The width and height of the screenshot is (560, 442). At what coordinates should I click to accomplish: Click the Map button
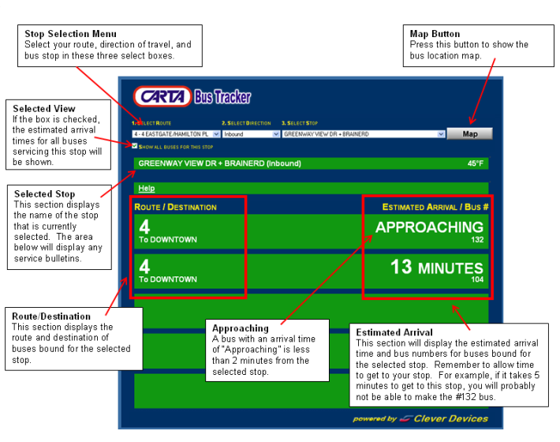tap(469, 134)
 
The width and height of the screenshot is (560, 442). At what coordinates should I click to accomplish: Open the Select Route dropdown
tap(177, 134)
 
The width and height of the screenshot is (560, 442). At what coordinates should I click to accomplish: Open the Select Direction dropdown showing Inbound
tap(251, 134)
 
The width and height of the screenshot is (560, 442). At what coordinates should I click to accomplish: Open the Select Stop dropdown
tap(364, 134)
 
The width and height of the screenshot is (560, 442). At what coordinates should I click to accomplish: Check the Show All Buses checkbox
tap(135, 146)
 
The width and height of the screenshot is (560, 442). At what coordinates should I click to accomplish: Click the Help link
tap(146, 189)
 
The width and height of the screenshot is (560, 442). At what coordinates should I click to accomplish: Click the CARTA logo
tap(162, 97)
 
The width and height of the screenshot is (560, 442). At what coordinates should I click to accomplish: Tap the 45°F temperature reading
tap(476, 163)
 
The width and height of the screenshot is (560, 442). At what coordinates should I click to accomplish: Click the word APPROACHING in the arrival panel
tap(429, 227)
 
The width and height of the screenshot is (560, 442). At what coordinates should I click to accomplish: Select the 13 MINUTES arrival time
tap(436, 268)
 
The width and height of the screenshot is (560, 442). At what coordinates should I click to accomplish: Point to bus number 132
tap(477, 240)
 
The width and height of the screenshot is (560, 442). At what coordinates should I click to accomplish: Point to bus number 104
tap(477, 279)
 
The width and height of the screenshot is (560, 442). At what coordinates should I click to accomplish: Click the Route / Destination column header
tap(176, 207)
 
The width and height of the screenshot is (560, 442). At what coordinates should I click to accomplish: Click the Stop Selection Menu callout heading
tap(71, 34)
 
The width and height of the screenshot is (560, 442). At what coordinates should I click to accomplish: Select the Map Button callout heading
tap(435, 34)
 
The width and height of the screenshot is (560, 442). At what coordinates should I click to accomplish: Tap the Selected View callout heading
tap(44, 108)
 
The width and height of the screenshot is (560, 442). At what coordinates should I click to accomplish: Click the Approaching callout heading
tap(241, 328)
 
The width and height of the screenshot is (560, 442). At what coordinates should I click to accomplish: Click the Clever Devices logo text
tap(450, 418)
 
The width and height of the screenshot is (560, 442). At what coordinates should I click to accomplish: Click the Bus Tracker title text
tap(222, 97)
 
